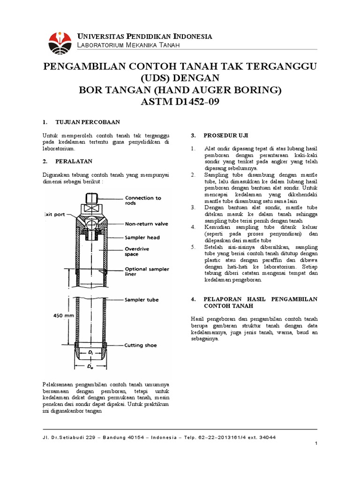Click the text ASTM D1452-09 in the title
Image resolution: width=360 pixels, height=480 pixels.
tap(180, 102)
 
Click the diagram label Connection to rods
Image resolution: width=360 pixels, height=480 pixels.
tap(143, 201)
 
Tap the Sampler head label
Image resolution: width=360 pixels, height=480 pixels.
tap(142, 238)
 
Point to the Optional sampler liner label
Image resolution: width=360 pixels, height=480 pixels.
tap(147, 272)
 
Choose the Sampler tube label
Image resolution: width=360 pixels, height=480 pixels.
tap(142, 300)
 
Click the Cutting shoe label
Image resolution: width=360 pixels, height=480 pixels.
tap(141, 345)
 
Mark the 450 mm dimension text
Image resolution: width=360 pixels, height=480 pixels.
tap(63, 316)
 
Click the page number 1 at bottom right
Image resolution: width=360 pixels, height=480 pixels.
tap(317, 443)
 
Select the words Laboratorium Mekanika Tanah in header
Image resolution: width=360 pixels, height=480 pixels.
tap(128, 45)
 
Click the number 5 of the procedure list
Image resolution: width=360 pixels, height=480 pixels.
tap(192, 247)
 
